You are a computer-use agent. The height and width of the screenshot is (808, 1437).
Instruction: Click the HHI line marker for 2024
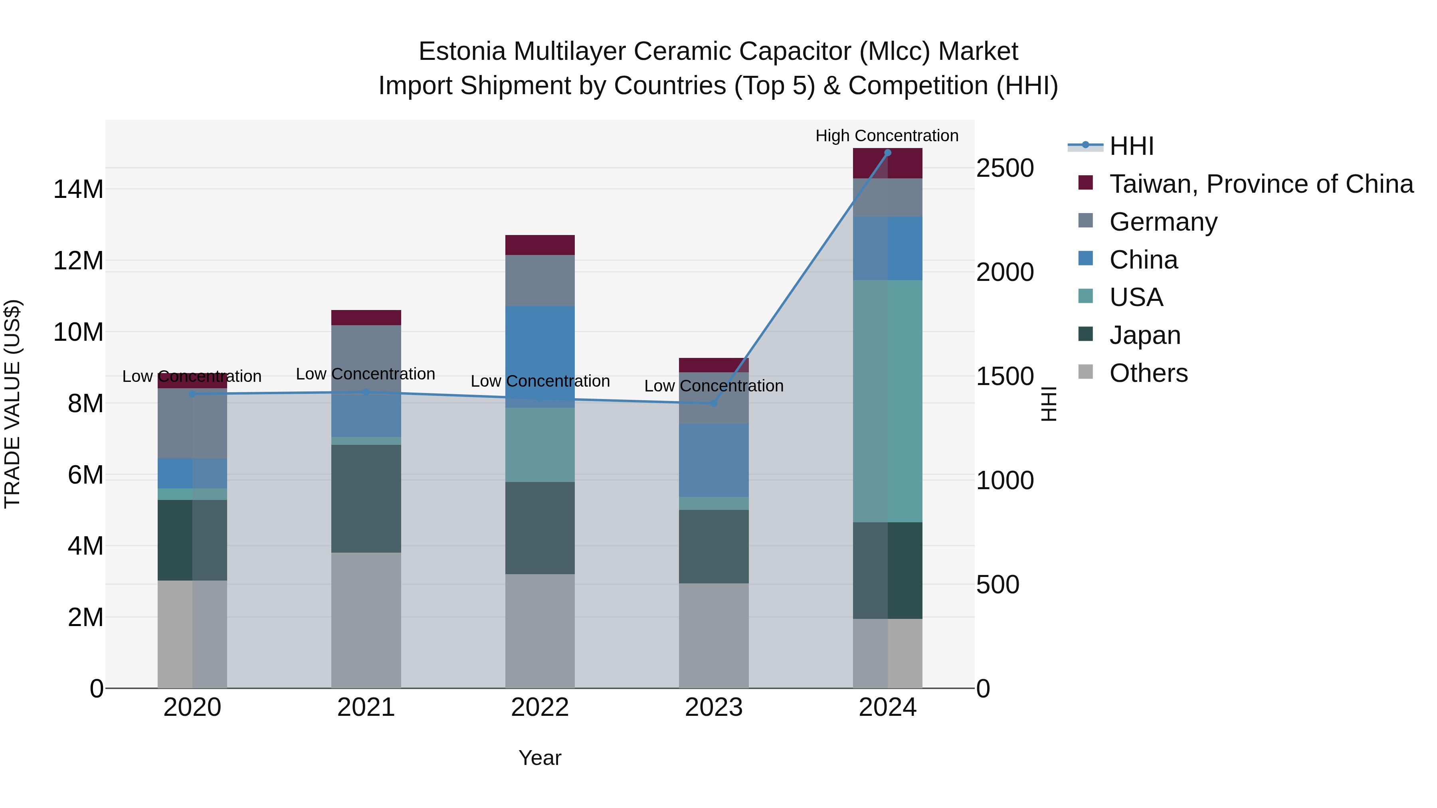pos(887,153)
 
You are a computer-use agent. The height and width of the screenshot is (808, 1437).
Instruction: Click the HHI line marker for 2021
pos(366,393)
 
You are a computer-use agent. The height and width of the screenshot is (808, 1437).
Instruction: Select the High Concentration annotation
pos(887,136)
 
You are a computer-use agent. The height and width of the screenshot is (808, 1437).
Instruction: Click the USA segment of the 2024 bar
pos(887,401)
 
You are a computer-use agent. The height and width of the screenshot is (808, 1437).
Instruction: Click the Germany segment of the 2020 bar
pos(192,423)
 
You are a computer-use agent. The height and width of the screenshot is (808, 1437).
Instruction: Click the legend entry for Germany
pos(1163,222)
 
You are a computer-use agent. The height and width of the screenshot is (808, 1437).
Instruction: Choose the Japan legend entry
pos(1145,335)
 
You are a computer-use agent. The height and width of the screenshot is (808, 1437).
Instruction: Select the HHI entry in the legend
pos(1131,146)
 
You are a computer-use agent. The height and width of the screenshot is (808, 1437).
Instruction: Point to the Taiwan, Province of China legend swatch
pos(1086,182)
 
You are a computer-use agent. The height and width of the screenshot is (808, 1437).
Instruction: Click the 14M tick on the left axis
pos(78,190)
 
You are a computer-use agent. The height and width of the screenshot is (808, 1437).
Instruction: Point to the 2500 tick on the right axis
pos(1005,168)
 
